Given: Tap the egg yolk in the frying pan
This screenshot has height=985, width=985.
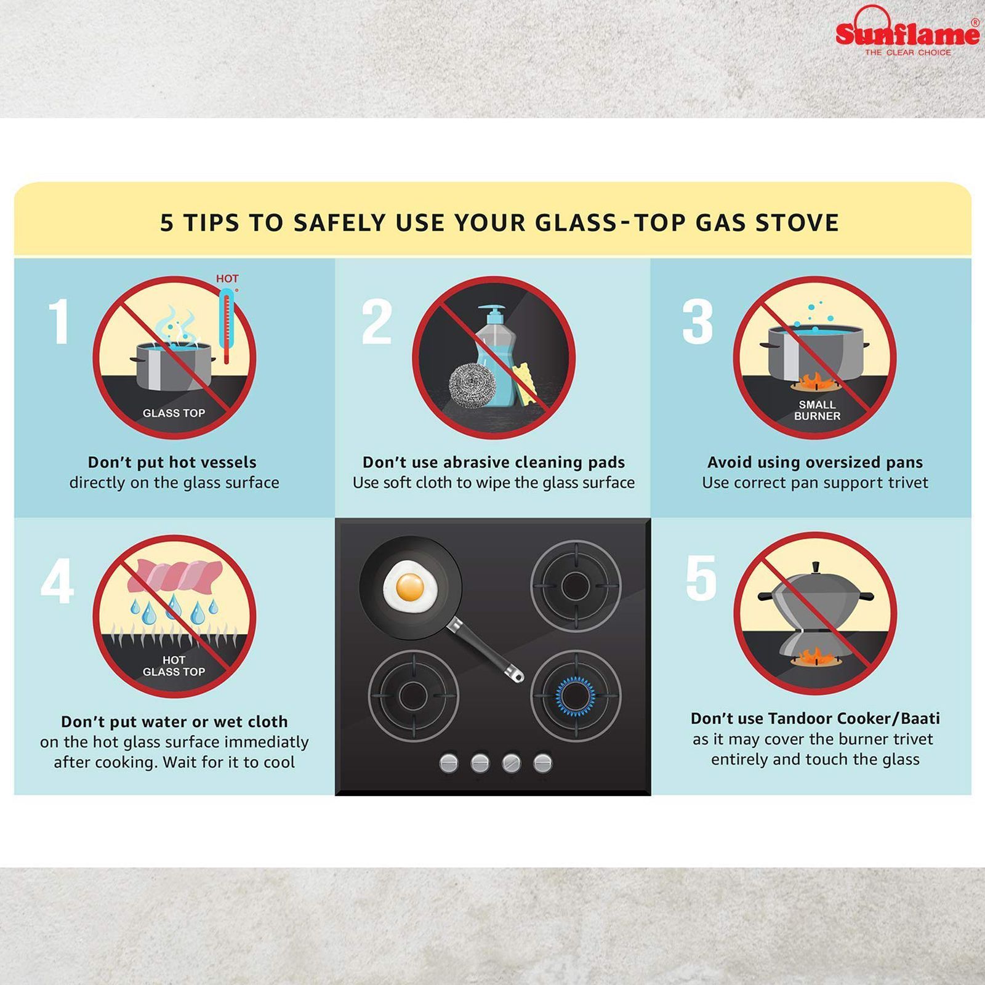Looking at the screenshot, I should pyautogui.click(x=410, y=587).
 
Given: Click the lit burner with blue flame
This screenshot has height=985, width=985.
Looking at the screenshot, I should pyautogui.click(x=576, y=696).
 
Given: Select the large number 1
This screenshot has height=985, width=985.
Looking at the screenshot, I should pyautogui.click(x=59, y=322).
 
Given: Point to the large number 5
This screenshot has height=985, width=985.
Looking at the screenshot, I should pyautogui.click(x=701, y=578).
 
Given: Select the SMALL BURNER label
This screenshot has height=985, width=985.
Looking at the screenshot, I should pyautogui.click(x=816, y=410).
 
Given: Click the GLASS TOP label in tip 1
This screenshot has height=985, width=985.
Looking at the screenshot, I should pyautogui.click(x=174, y=413).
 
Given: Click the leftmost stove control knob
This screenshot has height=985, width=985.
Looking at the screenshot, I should pyautogui.click(x=449, y=763).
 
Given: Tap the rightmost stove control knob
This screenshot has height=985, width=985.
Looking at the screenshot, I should pyautogui.click(x=542, y=763).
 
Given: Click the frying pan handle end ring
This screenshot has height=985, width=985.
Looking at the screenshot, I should pyautogui.click(x=516, y=676).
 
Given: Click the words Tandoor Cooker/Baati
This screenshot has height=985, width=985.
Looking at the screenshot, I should pyautogui.click(x=854, y=718).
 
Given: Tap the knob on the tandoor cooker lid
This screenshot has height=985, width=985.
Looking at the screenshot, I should pyautogui.click(x=815, y=566).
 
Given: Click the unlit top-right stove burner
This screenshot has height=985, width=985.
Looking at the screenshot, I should pyautogui.click(x=576, y=583).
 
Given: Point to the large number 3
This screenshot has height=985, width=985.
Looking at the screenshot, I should pyautogui.click(x=698, y=322).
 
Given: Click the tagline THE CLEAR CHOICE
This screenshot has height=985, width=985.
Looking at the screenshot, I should pyautogui.click(x=907, y=53).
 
